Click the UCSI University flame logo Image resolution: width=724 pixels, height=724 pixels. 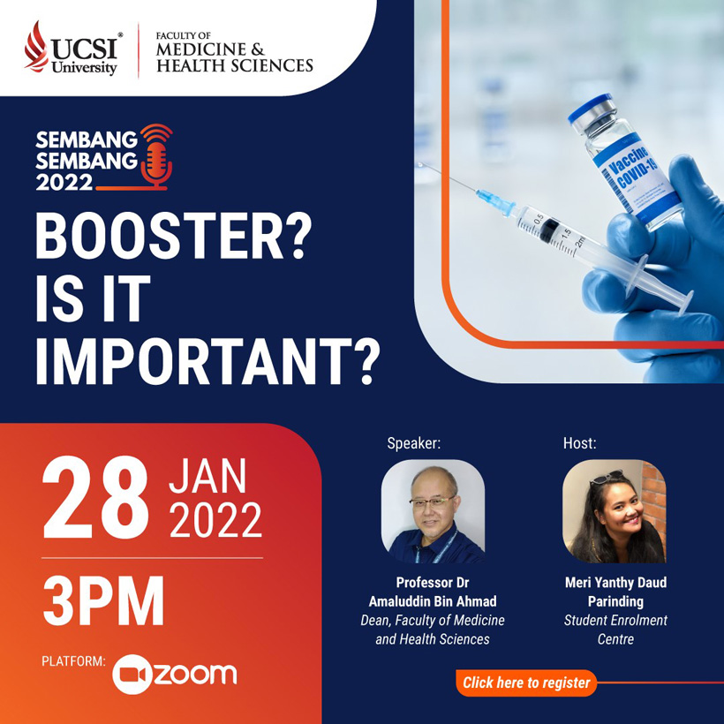tap(36, 46)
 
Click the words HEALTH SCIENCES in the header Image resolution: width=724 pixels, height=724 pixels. tap(235, 65)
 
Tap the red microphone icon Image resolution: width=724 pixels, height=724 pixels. tap(156, 157)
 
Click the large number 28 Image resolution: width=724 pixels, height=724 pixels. tap(95, 497)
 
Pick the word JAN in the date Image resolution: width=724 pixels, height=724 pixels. tap(207, 477)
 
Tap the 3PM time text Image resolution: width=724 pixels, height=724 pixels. tap(103, 600)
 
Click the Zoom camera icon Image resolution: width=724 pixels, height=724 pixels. tap(132, 675)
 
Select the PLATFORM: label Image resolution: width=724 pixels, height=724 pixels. tap(73, 661)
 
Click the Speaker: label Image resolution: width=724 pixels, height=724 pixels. tap(414, 443)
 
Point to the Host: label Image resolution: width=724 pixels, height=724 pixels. tap(579, 443)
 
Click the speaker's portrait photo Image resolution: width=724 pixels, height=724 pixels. tap(433, 511)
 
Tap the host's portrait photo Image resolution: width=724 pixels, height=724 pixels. tap(615, 511)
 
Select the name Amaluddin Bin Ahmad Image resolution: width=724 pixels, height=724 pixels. tap(433, 601)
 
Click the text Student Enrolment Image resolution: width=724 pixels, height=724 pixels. tap(615, 620)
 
